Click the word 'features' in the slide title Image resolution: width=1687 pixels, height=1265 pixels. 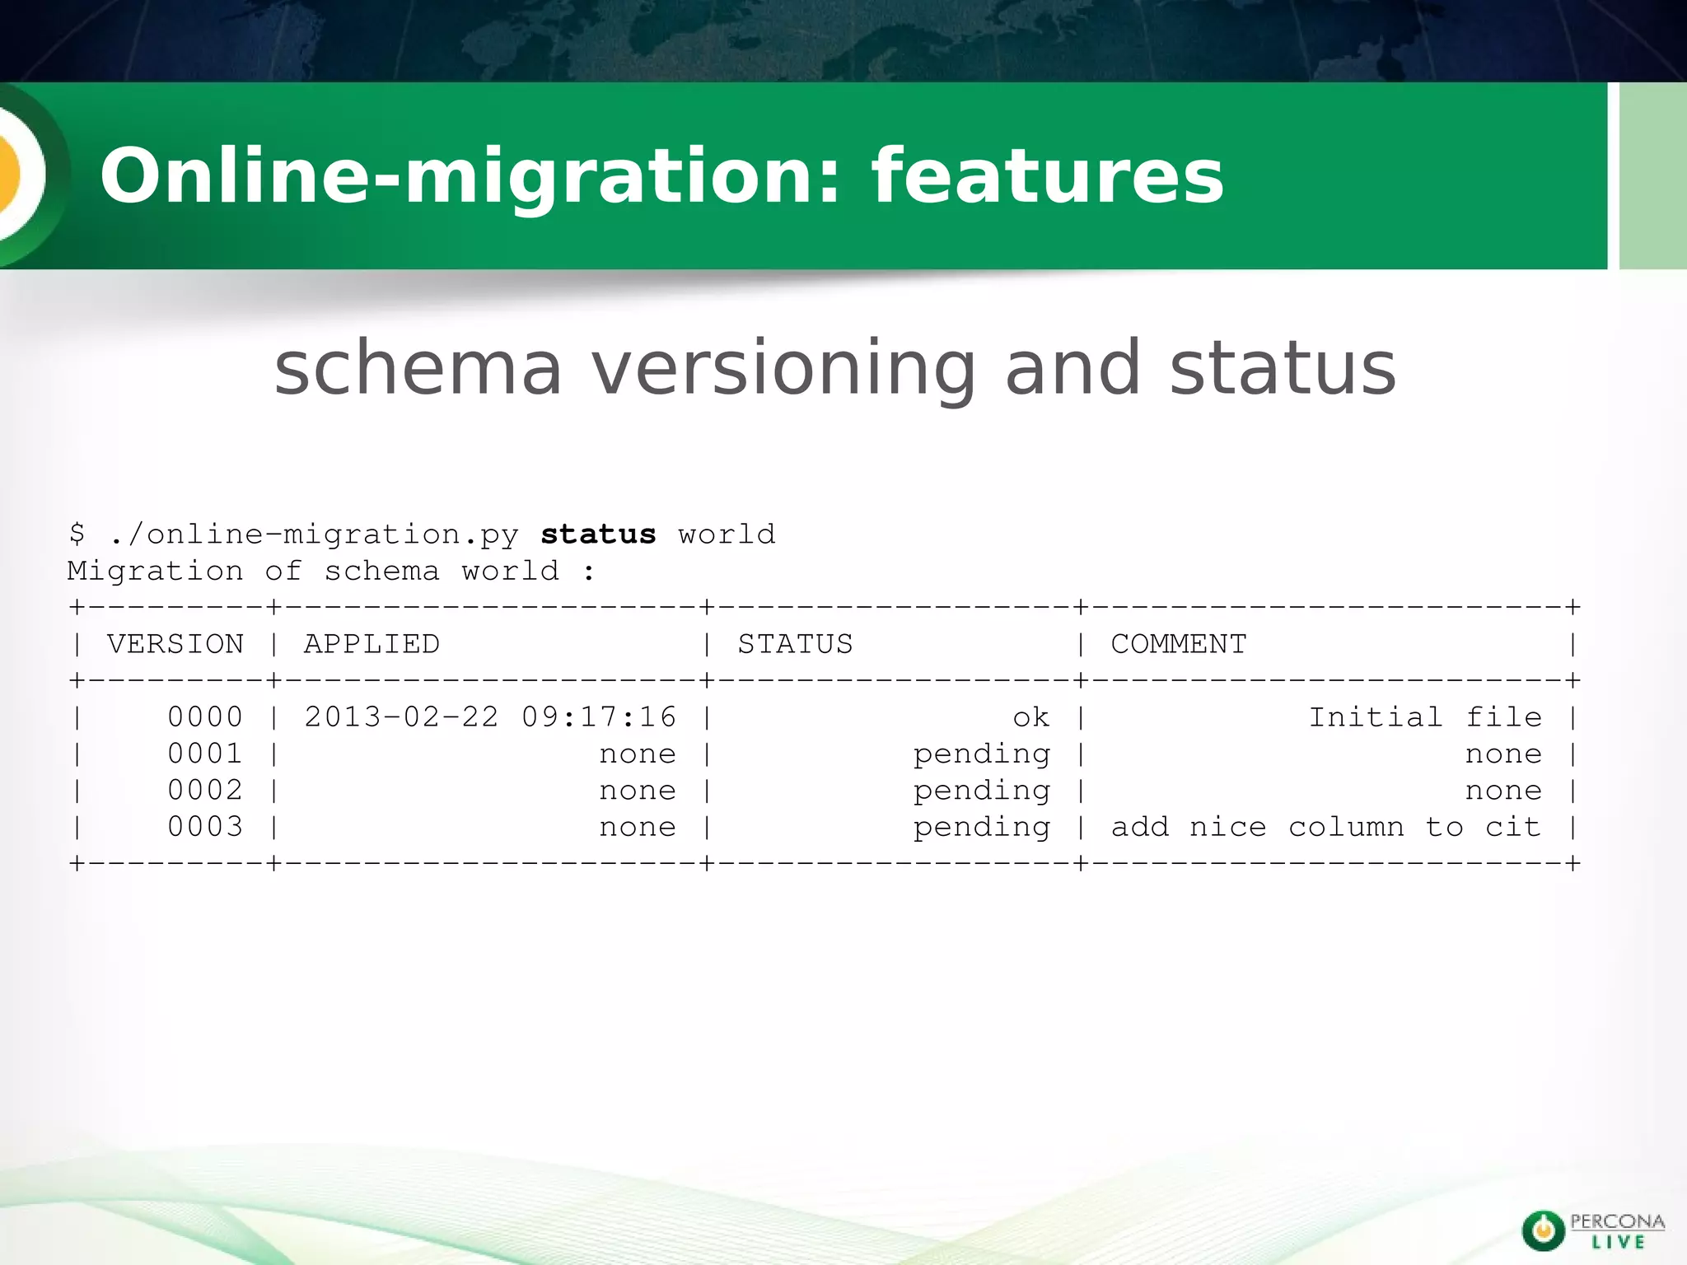1048,176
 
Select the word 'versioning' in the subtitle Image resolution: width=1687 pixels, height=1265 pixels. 784,367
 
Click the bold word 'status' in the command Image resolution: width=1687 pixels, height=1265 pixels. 598,534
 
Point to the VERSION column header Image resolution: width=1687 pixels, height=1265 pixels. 175,644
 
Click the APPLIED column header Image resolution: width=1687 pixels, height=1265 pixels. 372,644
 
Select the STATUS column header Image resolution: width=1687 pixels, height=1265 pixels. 795,644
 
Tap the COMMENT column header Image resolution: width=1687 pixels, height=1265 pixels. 1179,644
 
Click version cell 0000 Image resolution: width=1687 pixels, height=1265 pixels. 205,717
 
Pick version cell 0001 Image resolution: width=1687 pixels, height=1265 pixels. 205,754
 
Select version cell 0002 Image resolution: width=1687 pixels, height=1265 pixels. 205,791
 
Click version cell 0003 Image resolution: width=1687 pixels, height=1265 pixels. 205,827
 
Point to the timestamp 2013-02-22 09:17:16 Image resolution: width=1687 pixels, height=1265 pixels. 490,717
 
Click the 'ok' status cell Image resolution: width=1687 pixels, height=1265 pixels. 1031,718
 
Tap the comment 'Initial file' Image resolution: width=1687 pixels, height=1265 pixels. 1425,717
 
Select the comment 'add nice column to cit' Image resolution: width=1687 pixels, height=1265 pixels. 1325,827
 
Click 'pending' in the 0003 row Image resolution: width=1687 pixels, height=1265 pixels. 982,828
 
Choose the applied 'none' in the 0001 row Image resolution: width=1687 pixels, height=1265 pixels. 638,754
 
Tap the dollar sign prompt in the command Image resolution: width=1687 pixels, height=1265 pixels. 77,534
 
